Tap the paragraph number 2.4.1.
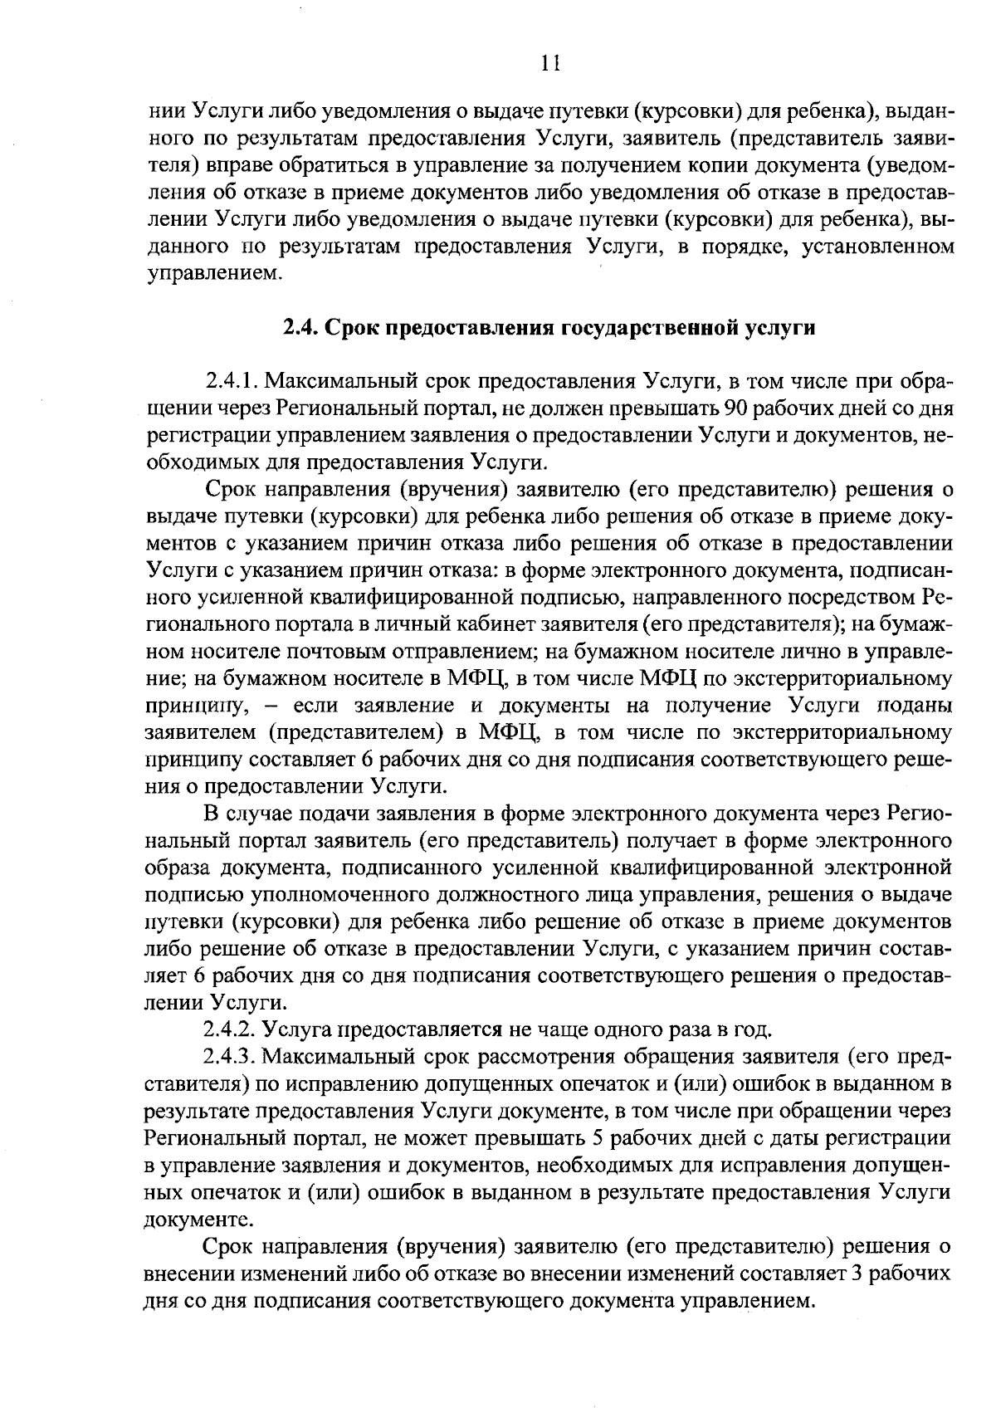pos(230,383)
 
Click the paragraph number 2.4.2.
pos(230,1030)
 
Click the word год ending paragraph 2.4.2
pos(755,1030)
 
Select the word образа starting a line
pos(178,868)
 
